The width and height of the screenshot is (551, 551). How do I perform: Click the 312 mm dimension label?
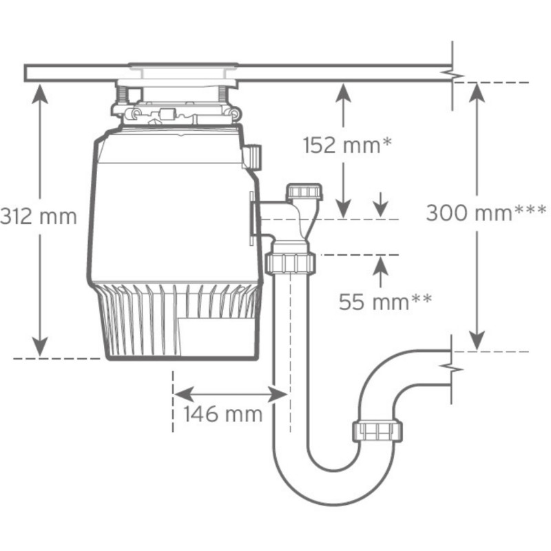(x=38, y=216)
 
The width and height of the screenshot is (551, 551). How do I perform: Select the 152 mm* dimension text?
(x=347, y=145)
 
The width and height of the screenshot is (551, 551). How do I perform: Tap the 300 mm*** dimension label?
(x=486, y=212)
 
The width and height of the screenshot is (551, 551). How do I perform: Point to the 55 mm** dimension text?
(x=385, y=301)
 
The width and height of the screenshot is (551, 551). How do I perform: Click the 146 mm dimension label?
(x=222, y=414)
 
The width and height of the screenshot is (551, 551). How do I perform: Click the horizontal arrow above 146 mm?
(x=229, y=394)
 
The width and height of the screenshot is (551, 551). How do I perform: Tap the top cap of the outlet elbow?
(x=304, y=191)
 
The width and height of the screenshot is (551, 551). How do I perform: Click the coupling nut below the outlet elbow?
(x=289, y=262)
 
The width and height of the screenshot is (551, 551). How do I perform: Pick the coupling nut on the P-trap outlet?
(x=377, y=431)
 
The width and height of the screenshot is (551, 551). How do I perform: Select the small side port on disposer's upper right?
(x=253, y=156)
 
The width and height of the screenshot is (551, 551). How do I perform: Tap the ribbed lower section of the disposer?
(x=179, y=320)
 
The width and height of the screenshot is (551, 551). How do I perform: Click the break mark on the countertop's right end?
(x=453, y=72)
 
